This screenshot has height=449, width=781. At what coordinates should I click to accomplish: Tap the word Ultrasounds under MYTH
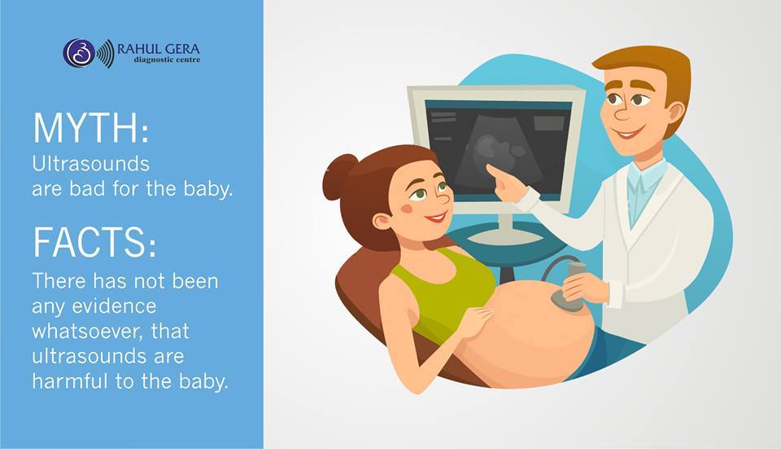pyautogui.click(x=90, y=164)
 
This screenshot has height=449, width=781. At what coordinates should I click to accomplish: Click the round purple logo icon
pyautogui.click(x=79, y=53)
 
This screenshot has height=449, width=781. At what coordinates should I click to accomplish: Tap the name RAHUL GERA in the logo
pyautogui.click(x=159, y=49)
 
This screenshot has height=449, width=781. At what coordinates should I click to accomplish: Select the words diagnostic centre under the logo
pyautogui.click(x=167, y=59)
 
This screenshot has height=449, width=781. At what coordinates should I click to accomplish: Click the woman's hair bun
pyautogui.click(x=339, y=177)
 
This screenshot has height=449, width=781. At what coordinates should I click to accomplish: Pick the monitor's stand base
pyautogui.click(x=504, y=235)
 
